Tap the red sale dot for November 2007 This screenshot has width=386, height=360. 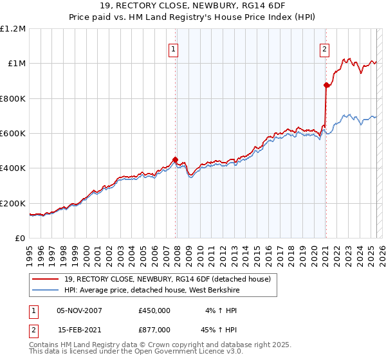[176, 160]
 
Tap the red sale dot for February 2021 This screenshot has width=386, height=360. [326, 85]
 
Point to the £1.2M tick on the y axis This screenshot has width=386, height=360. [13, 29]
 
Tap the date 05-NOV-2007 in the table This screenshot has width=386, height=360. [79, 310]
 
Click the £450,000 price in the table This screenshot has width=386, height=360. [154, 310]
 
